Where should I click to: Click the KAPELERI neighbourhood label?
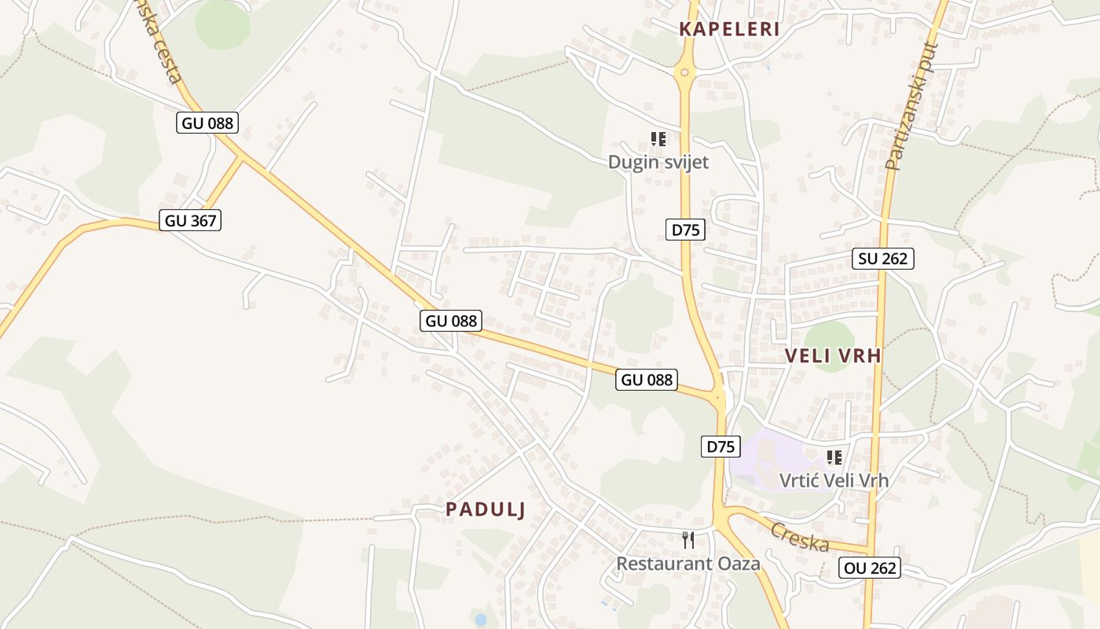729,30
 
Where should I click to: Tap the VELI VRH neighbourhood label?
833,356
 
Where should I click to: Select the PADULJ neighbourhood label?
485,509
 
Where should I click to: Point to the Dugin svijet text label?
658,162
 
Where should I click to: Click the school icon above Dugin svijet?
658,140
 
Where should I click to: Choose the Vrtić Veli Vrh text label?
834,480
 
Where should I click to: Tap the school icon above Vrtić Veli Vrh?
834,458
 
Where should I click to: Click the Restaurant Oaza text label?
688,563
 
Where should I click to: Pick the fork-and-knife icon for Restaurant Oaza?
688,540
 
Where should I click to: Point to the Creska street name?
799,537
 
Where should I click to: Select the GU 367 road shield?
190,221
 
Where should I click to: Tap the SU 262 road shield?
883,259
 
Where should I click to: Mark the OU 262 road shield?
869,568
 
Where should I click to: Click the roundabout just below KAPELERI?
684,73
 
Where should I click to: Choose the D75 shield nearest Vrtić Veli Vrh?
720,447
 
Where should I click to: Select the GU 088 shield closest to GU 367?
207,123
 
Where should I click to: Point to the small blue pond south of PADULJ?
480,620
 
